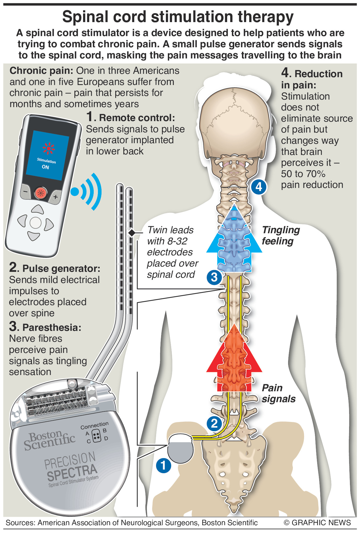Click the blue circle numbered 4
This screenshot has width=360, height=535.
click(x=258, y=187)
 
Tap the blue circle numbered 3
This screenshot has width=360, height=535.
click(x=214, y=277)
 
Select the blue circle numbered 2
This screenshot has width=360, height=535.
click(x=214, y=423)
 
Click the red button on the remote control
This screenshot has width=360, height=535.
click(x=41, y=193)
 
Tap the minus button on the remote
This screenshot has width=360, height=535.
click(x=25, y=192)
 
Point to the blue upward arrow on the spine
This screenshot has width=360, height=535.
click(x=234, y=241)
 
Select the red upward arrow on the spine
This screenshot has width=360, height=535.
click(x=234, y=361)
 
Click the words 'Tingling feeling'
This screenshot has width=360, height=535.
click(x=281, y=235)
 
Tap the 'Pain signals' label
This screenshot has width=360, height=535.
click(x=278, y=393)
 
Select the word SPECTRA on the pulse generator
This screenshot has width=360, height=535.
click(x=72, y=472)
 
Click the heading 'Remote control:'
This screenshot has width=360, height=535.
click(x=137, y=118)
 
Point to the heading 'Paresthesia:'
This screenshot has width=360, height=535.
click(x=52, y=327)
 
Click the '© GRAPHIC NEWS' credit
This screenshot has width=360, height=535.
click(x=317, y=523)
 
